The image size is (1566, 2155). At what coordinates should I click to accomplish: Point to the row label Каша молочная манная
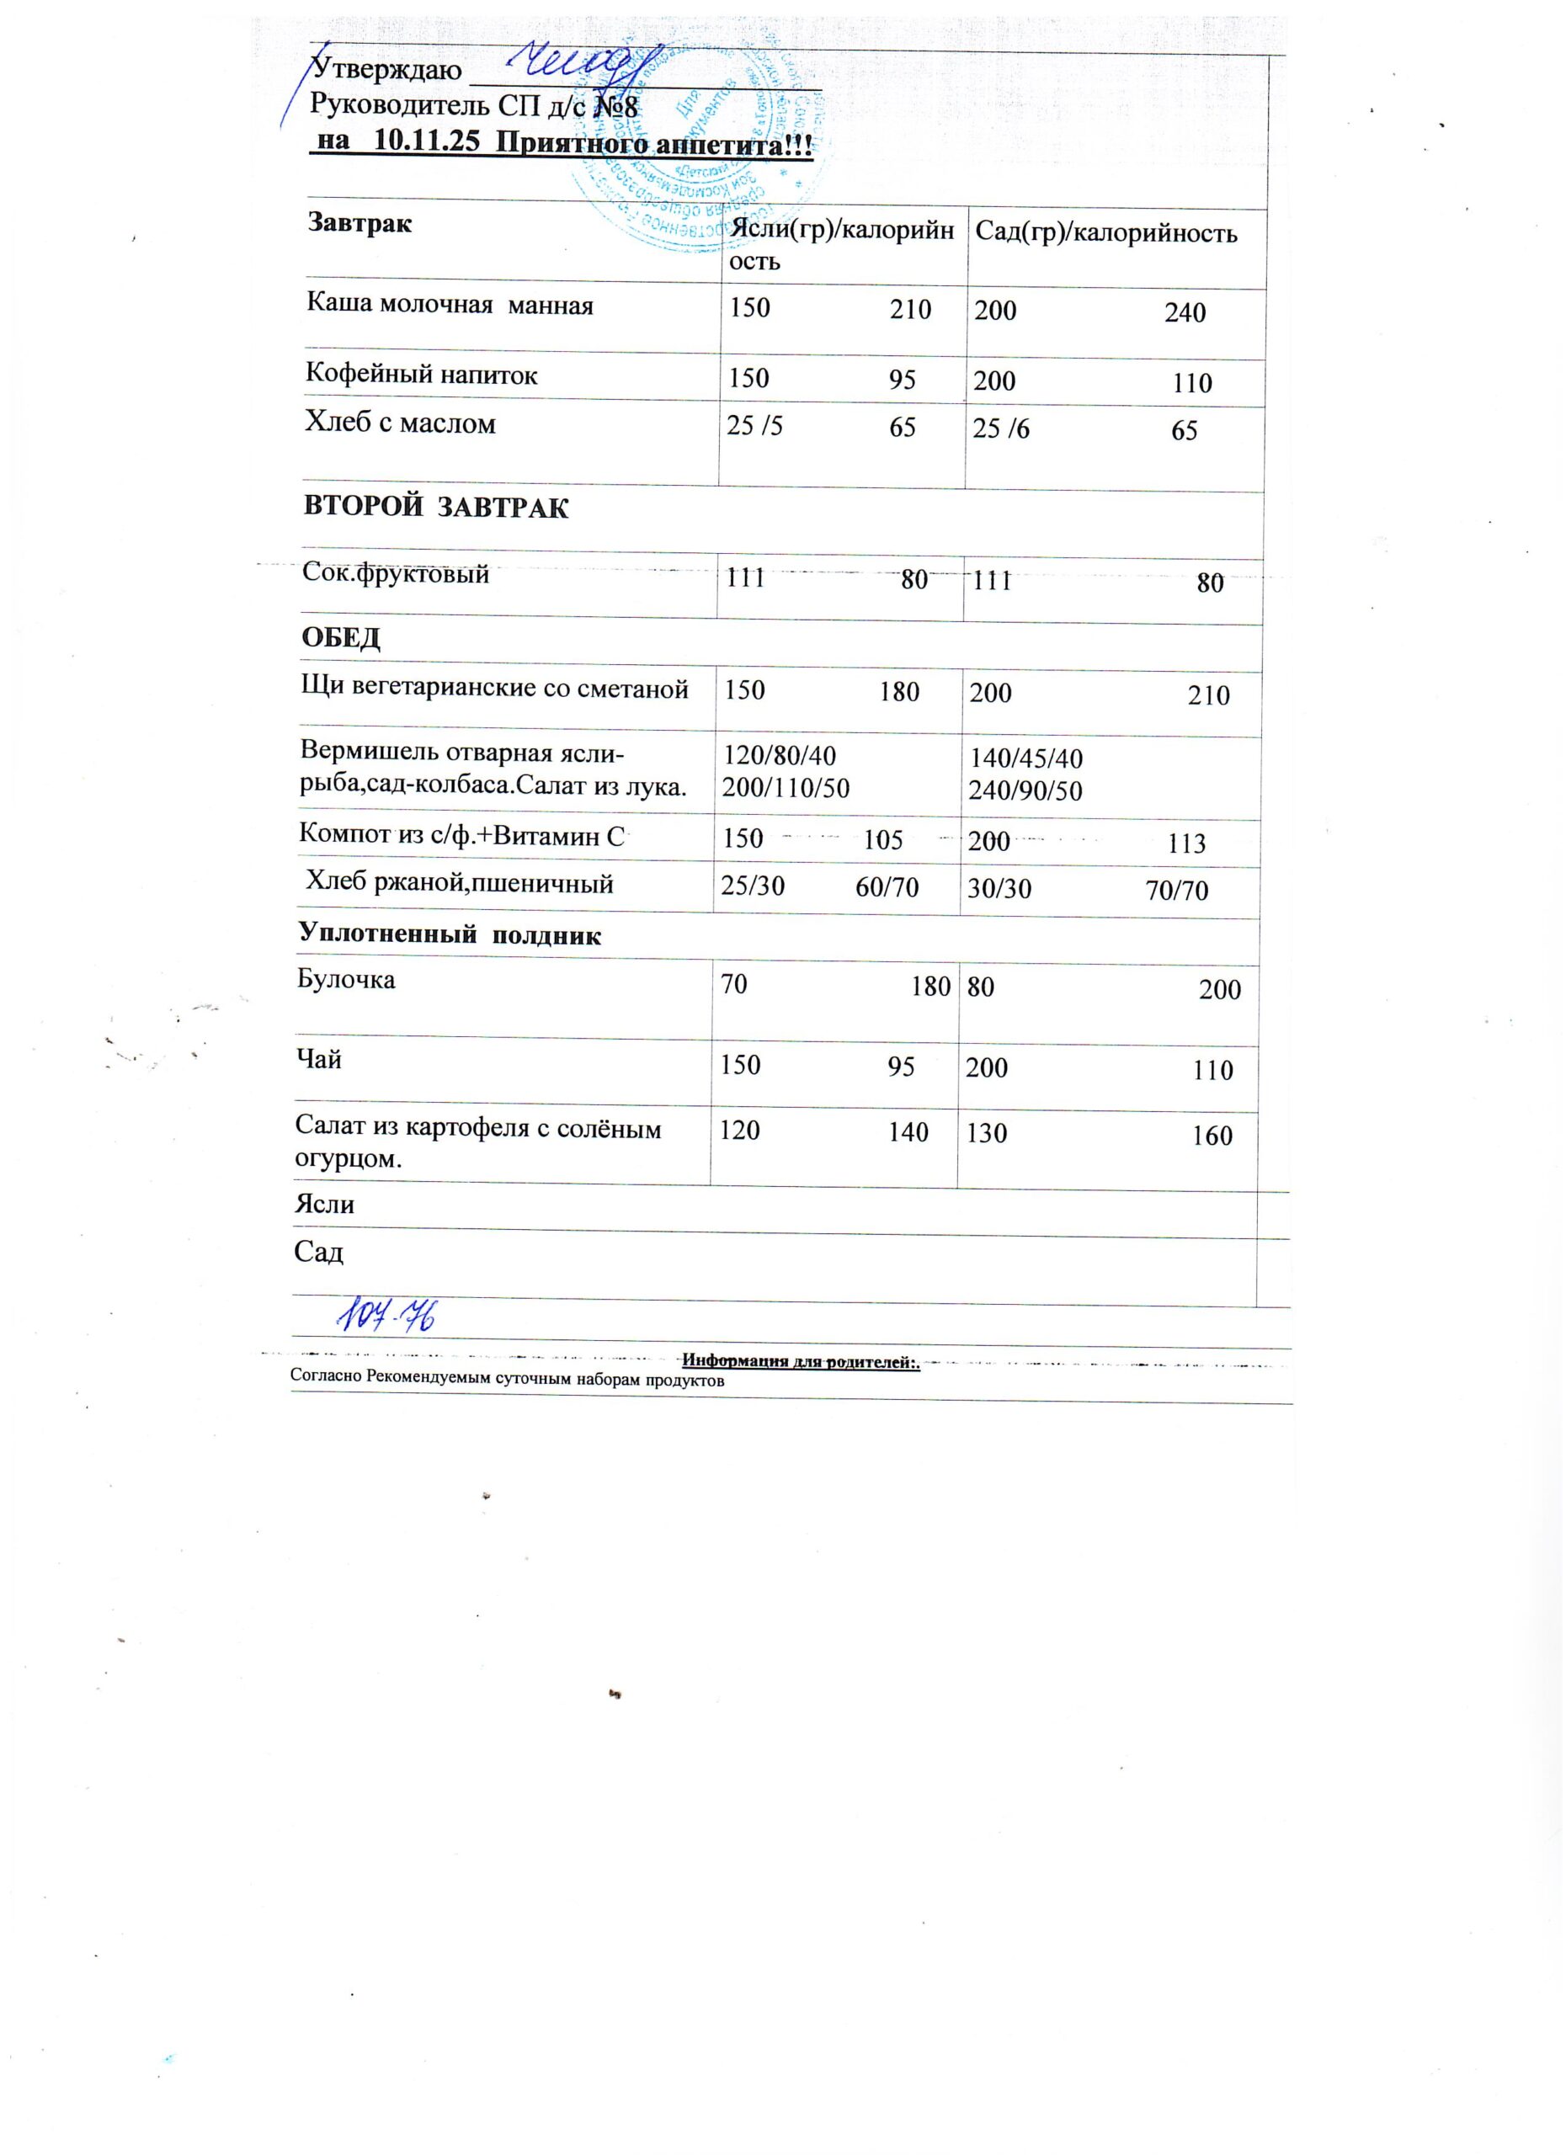449,305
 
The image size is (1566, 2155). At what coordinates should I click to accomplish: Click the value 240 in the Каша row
1185,312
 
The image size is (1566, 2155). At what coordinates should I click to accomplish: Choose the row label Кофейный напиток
421,375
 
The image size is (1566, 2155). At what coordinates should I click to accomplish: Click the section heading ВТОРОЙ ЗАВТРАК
436,508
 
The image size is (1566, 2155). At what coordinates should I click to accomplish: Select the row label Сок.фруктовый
396,573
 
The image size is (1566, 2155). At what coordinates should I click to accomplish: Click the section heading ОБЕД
341,637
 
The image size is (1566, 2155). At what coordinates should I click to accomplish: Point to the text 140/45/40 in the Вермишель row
1025,759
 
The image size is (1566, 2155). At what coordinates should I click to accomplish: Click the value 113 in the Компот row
1186,843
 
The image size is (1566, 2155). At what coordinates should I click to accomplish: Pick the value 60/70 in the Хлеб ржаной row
887,888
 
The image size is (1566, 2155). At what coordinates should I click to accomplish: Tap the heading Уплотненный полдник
450,935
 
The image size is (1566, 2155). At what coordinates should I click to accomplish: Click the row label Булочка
347,980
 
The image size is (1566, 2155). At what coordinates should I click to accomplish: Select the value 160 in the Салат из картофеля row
1212,1136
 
